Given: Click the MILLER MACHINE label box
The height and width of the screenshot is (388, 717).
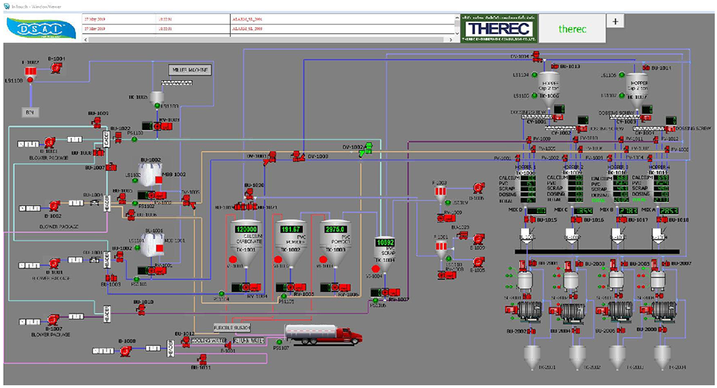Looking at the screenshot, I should click(x=191, y=70).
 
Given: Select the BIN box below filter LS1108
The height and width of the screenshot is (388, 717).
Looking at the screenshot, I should click(x=30, y=111).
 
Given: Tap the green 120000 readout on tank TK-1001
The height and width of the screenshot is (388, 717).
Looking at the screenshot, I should click(x=247, y=230).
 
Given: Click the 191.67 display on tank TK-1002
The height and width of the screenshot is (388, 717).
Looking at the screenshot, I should click(x=290, y=230).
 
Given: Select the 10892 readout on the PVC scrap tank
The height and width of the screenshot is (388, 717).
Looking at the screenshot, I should click(x=384, y=243).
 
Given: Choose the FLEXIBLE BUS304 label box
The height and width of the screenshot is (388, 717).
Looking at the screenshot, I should click(x=232, y=326).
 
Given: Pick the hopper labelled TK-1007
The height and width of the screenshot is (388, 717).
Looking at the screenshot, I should click(x=637, y=84).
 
